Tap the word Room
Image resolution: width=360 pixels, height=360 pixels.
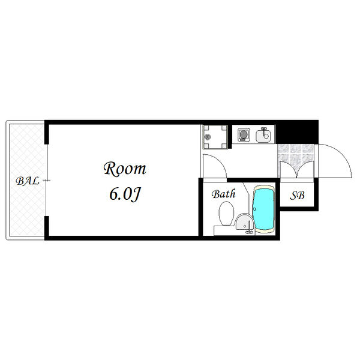coord(125,169)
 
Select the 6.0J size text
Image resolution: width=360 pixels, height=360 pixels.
coord(125,194)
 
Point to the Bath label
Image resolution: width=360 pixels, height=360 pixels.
coord(223,194)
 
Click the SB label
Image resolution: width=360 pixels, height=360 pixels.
coord(298,195)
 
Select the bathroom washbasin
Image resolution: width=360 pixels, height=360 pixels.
coord(243,223)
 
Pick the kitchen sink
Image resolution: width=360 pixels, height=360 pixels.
coord(264,136)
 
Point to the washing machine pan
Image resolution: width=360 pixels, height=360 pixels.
coord(215,136)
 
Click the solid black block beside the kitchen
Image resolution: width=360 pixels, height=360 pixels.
coord(298,131)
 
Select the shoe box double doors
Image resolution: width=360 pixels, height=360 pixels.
coord(296,168)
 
